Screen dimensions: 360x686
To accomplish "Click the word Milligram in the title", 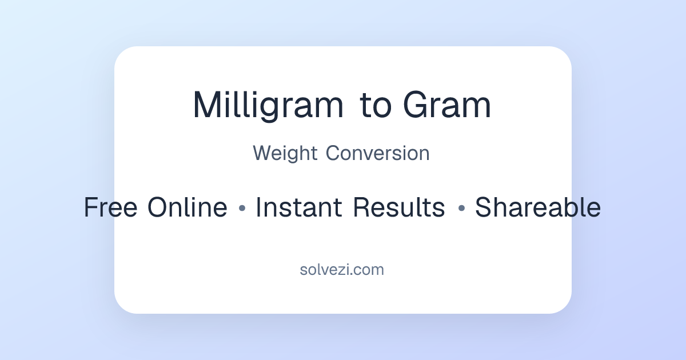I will point(268,106).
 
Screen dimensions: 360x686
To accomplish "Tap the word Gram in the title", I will point(447,106).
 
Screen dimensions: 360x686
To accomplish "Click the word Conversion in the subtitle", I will point(378,154).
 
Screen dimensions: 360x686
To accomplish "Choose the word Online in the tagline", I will point(187,207).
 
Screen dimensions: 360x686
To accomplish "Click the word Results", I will point(398,207).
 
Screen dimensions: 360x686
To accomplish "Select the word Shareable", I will point(537,207).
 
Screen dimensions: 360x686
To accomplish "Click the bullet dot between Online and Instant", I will point(241,209).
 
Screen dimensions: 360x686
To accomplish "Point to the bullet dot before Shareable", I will point(461,209).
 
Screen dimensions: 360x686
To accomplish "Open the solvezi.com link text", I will point(342,270).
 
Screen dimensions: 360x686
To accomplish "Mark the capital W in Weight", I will point(263,154).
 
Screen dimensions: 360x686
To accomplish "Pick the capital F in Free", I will point(91,207).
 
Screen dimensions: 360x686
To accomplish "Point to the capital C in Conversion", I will point(333,154).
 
